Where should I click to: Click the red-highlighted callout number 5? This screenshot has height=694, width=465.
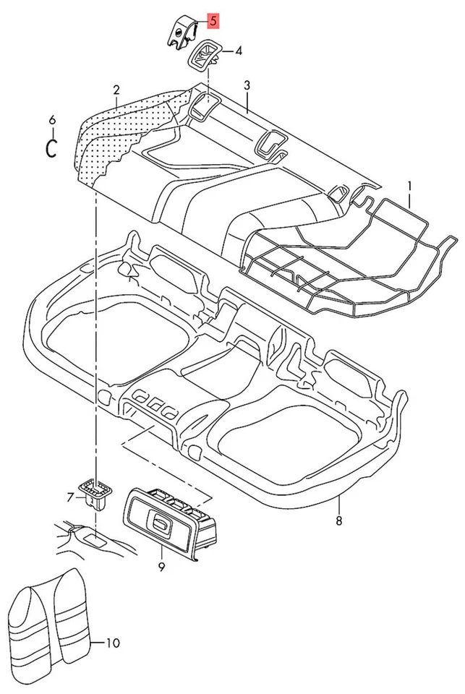pos(213,20)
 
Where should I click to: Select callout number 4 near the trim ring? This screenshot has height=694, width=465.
pos(238,51)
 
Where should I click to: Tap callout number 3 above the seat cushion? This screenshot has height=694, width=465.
pos(247,85)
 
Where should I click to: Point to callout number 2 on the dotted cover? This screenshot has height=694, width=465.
pos(116,90)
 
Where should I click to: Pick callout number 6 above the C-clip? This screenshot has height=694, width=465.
pos(51,119)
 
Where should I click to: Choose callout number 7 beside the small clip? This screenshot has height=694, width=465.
pos(70,497)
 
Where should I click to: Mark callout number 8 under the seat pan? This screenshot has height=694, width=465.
pos(338,520)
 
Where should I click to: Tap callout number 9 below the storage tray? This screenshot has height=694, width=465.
pos(161,567)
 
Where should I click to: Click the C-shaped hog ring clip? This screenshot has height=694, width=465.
pos(51,147)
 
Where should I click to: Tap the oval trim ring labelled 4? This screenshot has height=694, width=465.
pos(204,56)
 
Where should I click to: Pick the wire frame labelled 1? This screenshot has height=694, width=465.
pos(347,257)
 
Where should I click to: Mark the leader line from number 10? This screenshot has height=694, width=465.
pos(99,642)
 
